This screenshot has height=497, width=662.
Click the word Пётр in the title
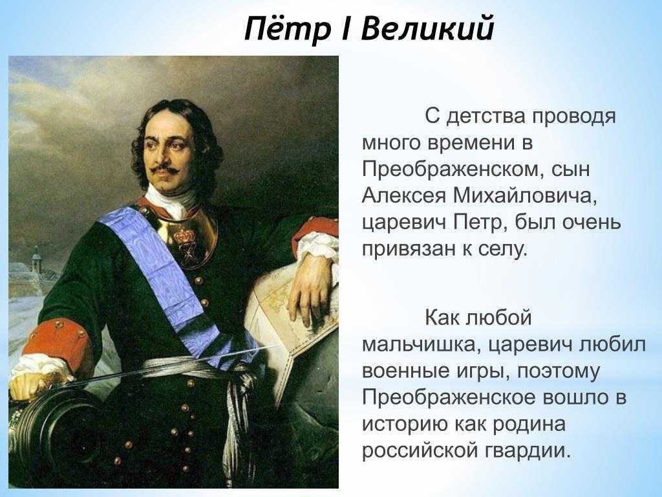(286, 28)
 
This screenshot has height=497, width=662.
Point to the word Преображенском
(449, 170)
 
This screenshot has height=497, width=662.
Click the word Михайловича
(524, 197)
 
